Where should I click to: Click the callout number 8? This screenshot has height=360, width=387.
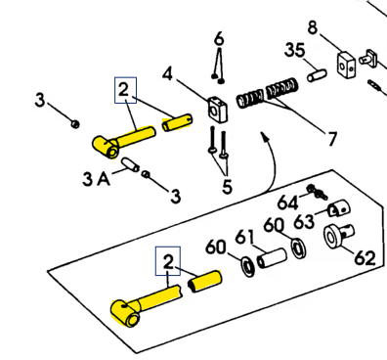[312, 27]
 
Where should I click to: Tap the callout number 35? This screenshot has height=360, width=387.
[295, 50]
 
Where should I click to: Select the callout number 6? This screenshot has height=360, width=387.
[219, 38]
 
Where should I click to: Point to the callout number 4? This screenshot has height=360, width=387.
[167, 74]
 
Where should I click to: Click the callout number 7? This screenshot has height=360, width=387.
[332, 139]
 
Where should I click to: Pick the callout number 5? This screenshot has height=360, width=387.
[227, 186]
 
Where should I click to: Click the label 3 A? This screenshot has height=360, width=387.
[96, 179]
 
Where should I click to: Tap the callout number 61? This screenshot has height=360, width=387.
[244, 237]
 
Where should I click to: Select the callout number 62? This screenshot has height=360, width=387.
[365, 258]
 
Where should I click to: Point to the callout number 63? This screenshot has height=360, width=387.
[304, 222]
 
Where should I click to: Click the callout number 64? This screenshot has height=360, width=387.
[288, 202]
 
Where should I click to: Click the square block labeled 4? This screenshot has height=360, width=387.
[217, 110]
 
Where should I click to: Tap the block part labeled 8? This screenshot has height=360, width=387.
[346, 66]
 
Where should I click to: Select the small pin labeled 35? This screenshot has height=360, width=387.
[317, 75]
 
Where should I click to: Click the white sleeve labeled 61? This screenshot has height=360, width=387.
[272, 258]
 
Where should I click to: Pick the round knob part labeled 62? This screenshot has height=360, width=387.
[339, 236]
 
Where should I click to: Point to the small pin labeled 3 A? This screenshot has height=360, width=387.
[130, 164]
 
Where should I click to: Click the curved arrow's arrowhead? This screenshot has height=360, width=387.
[265, 136]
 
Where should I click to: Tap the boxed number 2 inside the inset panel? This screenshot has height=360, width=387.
[168, 261]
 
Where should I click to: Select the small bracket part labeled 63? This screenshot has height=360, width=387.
[338, 208]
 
